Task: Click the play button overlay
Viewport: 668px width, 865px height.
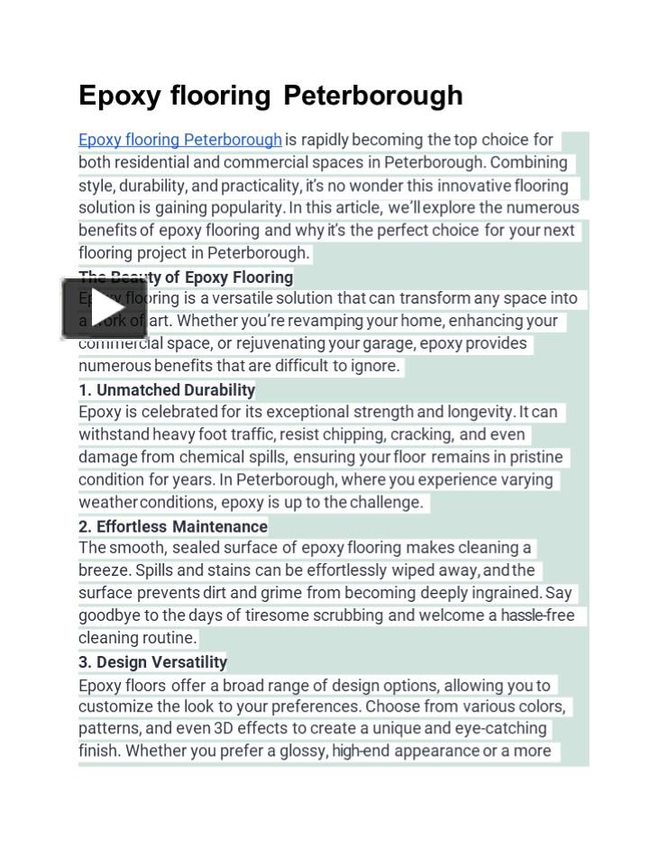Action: pos(104,308)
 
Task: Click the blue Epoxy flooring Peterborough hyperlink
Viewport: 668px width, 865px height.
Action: pos(180,140)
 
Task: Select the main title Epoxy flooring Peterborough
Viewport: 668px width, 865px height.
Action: pos(270,96)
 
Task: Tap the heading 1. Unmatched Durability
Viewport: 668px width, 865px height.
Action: pos(167,390)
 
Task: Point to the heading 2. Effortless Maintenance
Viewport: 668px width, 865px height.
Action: pos(173,526)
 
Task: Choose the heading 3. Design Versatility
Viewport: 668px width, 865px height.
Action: pos(153,662)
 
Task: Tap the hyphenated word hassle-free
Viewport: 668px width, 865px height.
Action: pos(537,615)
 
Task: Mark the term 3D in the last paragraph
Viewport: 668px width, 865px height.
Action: pos(224,728)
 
